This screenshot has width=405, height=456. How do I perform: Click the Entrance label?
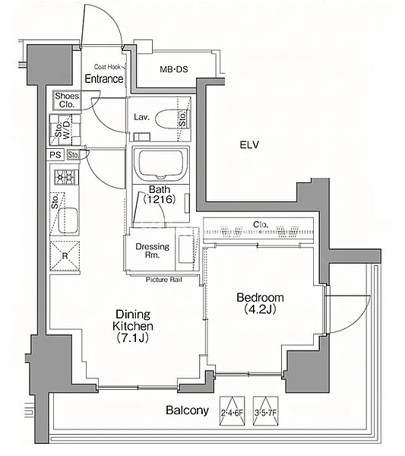click(104, 78)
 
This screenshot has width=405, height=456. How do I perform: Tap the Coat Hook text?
click(107, 67)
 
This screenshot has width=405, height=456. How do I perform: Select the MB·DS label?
click(174, 69)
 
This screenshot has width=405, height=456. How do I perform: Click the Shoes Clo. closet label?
click(67, 100)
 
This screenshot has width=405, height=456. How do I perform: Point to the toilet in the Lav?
click(172, 119)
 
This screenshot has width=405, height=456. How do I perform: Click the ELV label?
click(249, 144)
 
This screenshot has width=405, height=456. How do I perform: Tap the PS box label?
click(55, 155)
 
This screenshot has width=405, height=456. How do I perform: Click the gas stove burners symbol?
click(66, 176)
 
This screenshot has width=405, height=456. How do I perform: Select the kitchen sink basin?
click(68, 220)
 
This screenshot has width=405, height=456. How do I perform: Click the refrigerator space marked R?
click(65, 256)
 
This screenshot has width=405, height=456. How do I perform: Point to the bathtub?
click(160, 164)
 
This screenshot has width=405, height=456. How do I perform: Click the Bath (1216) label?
click(160, 195)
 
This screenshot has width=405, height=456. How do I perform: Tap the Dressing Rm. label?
click(152, 251)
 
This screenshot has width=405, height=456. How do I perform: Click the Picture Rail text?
click(163, 280)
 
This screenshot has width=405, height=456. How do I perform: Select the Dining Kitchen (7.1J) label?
click(133, 326)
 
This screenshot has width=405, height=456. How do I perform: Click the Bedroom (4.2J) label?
click(260, 303)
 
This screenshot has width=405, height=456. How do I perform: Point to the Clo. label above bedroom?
click(260, 224)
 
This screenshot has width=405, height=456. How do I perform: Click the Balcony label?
click(187, 410)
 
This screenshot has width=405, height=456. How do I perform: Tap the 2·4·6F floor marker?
click(232, 410)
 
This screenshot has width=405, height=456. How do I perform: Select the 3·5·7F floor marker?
click(265, 410)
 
